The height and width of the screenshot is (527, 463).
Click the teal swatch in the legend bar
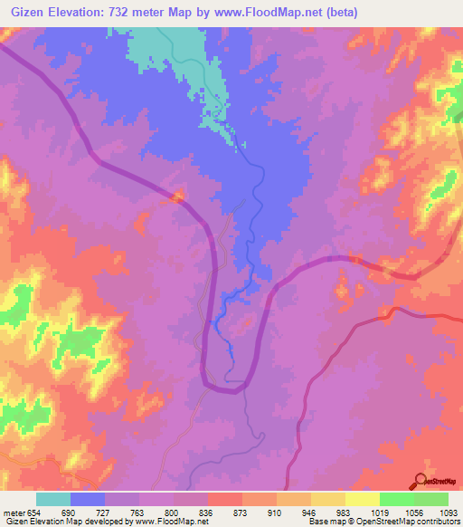[53, 499]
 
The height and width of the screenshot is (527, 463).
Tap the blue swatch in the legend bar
[88, 499]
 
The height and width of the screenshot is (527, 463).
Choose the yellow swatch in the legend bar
[327, 499]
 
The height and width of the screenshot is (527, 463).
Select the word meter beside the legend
[14, 512]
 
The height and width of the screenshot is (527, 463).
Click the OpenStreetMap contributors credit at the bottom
[407, 522]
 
